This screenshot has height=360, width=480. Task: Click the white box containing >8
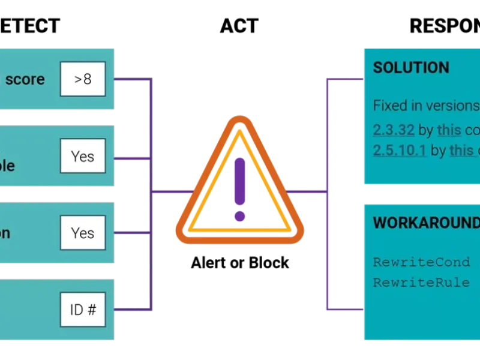[83, 79]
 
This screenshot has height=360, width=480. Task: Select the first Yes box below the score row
[83, 157]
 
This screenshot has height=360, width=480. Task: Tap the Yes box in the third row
[83, 233]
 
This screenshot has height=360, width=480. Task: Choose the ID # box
[83, 310]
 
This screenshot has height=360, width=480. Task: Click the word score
[25, 79]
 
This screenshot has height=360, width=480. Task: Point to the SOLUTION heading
[411, 67]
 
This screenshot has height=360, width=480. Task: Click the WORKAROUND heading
[426, 223]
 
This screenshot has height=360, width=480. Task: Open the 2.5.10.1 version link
[399, 150]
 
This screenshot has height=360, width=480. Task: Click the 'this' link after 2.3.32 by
[449, 130]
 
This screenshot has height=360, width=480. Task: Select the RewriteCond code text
[425, 262]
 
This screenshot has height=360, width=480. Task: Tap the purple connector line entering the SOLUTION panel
[345, 79]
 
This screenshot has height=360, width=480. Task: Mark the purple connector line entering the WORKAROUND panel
[345, 310]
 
